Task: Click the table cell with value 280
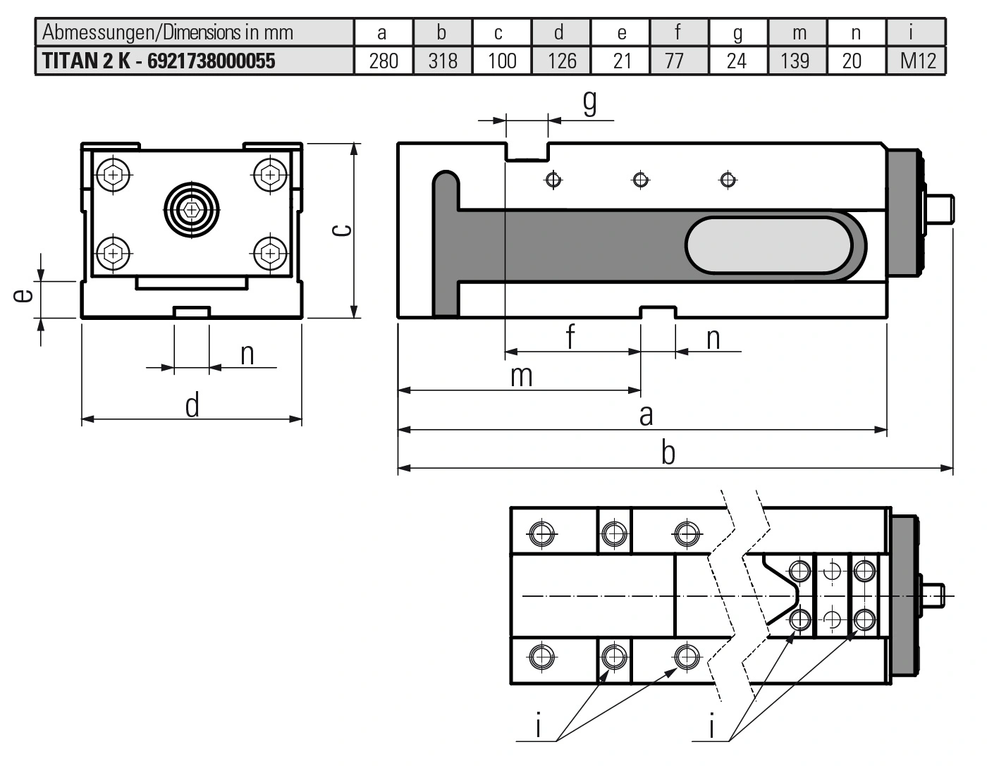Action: (x=384, y=61)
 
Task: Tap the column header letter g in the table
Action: (x=737, y=33)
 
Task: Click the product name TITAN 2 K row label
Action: (x=159, y=61)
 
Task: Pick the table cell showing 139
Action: (x=795, y=61)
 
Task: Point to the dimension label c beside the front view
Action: (x=343, y=230)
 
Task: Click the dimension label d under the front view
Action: (x=192, y=406)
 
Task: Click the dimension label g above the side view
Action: (x=589, y=102)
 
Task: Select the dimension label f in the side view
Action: (x=570, y=337)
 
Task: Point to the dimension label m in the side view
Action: (x=521, y=376)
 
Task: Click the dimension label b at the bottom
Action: (x=668, y=453)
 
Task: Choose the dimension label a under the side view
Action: (x=646, y=416)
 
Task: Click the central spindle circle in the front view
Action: (x=191, y=209)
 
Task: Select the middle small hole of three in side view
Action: (x=641, y=180)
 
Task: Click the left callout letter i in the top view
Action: (x=539, y=726)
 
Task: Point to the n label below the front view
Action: (x=247, y=354)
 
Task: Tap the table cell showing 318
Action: (x=443, y=61)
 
